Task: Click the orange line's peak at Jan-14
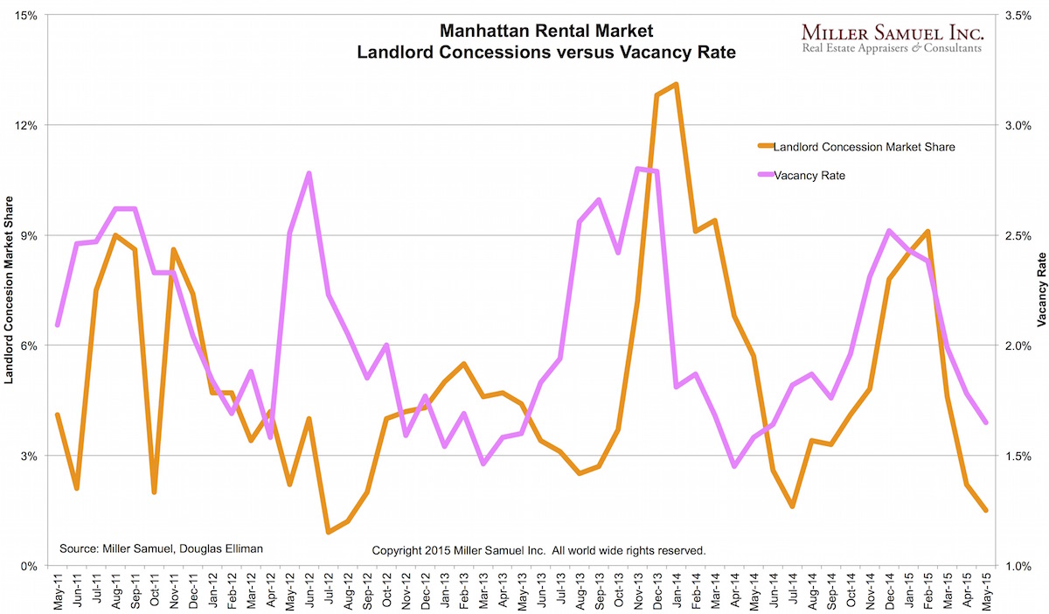[676, 84]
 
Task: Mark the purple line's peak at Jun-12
[309, 173]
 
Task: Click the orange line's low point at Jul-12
[329, 532]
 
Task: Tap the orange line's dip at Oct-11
[154, 492]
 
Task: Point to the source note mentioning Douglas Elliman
[161, 548]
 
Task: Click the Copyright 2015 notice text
[538, 550]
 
